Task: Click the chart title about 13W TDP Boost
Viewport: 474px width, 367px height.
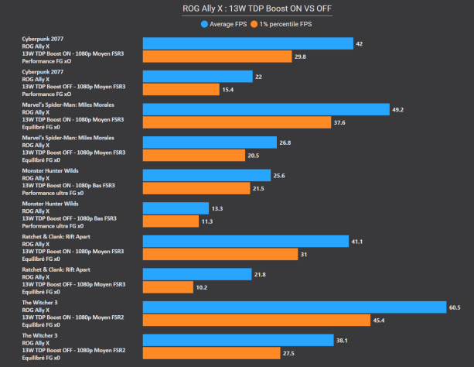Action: click(237, 9)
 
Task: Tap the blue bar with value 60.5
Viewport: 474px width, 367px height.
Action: click(295, 307)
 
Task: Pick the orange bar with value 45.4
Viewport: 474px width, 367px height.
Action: click(257, 320)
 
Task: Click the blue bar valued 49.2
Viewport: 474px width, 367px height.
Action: click(266, 109)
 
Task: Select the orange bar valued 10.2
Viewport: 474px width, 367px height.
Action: click(168, 286)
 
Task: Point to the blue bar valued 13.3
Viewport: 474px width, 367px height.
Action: click(176, 208)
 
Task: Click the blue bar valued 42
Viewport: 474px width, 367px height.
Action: click(247, 43)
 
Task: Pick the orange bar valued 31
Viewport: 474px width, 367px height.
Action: click(220, 254)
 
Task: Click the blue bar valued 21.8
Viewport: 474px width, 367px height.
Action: click(197, 274)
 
